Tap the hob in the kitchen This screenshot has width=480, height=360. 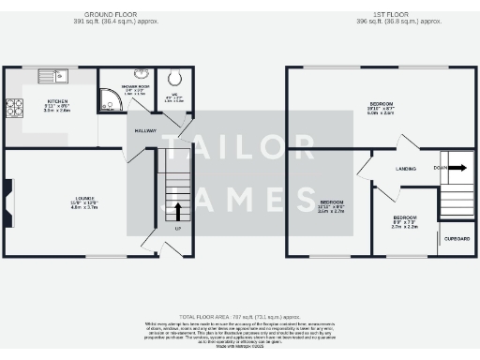click(x=14, y=110)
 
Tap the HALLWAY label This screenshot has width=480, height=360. click(x=145, y=130)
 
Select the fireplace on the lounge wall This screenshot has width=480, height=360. click(x=8, y=198)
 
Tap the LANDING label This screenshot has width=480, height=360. click(x=406, y=169)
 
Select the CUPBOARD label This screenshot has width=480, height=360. click(x=457, y=239)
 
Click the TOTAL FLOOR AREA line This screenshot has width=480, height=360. click(x=239, y=317)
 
